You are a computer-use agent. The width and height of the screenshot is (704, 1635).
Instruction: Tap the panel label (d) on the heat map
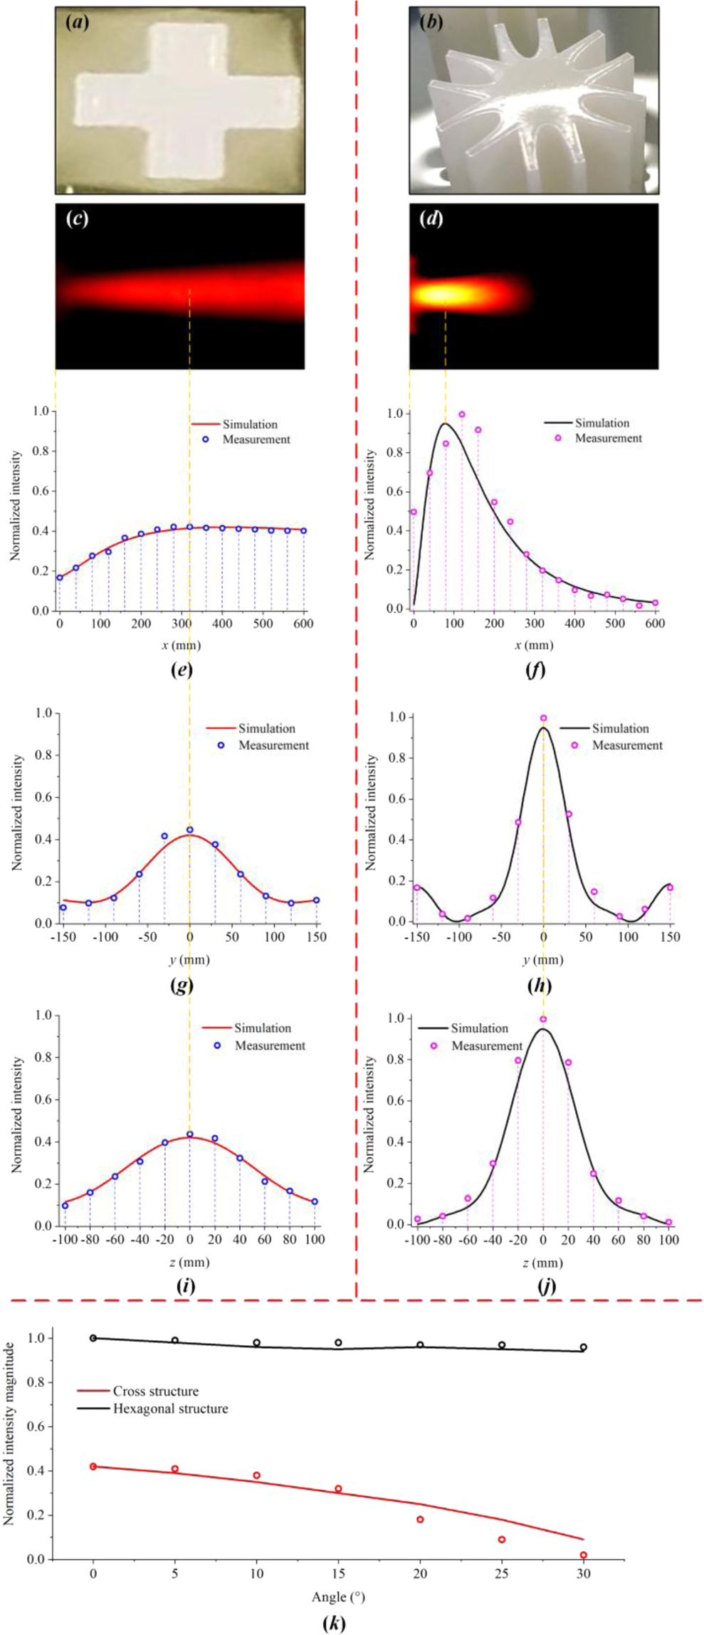431,219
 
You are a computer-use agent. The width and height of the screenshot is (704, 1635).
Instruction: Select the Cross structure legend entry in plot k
155,1391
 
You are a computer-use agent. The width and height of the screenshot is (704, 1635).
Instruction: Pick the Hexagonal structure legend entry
170,1409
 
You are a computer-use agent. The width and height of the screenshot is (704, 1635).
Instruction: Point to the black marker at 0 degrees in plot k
93,1338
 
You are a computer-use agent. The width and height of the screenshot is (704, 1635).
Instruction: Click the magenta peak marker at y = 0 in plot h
543,718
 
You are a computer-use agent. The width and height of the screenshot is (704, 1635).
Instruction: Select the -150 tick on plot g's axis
63,936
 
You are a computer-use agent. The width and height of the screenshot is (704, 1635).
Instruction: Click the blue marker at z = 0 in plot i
189,1134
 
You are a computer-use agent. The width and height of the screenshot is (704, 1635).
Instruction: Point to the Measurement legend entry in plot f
608,438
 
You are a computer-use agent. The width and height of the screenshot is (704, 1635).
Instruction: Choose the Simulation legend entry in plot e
249,424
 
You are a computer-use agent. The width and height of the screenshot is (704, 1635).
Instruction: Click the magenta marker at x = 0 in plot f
414,512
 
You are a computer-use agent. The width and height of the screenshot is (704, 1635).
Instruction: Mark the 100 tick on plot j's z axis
668,1240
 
